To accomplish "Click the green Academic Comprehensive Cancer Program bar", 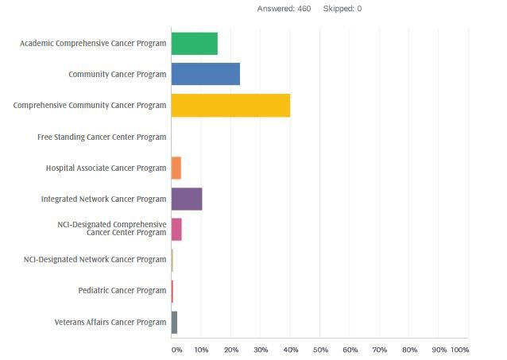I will coord(194,44).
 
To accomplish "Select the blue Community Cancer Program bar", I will coord(205,74).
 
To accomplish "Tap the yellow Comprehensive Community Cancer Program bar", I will coord(230,105).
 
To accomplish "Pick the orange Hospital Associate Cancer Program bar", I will coord(176,168).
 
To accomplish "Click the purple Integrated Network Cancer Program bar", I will coord(187,198).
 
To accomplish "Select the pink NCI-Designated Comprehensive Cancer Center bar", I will coord(176,229).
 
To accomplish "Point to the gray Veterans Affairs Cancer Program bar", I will coord(174,322).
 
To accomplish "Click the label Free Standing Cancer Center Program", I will coord(102,137).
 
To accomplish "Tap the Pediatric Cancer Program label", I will coord(122,290).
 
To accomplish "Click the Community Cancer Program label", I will coord(118,75).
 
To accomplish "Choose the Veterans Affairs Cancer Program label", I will coord(110,322).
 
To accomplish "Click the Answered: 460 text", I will coord(284,9).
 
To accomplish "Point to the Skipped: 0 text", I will coord(343,9).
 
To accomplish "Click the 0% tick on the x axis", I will coord(176,350).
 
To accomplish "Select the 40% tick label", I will coord(290,350).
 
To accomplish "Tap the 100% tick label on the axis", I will coord(459,350).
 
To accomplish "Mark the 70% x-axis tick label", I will coord(379,350).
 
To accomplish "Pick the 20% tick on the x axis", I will coord(230,350).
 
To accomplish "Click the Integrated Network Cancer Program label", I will coord(103,198).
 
